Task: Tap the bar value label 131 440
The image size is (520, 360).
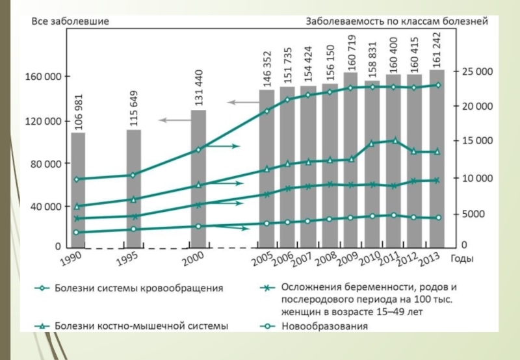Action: point(199,88)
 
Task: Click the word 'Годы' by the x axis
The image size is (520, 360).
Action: point(461,259)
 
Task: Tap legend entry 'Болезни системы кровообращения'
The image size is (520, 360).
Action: point(139,287)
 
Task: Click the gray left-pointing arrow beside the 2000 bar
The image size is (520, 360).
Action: point(173,120)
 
